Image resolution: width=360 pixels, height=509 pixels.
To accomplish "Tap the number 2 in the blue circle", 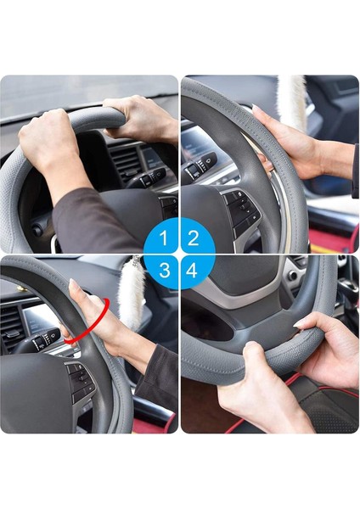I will (x=193, y=238).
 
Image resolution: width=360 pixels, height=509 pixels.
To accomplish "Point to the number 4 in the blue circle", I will (x=193, y=271).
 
